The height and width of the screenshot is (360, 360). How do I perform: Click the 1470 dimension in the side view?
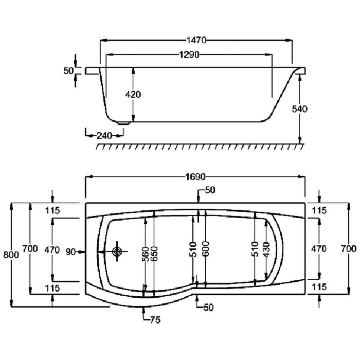tap(196, 40)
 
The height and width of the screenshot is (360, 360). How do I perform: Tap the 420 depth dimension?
tap(133, 94)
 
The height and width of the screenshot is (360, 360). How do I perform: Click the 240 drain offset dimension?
tap(104, 136)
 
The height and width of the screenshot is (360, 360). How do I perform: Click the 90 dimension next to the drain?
tap(70, 251)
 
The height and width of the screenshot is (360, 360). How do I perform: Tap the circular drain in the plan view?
tap(117, 251)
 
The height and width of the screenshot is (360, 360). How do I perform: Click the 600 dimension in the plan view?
tap(205, 249)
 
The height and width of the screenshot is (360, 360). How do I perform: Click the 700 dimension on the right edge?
tap(349, 249)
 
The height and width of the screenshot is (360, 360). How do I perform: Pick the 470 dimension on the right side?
tap(319, 249)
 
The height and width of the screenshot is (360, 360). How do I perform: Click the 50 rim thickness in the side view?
tap(69, 70)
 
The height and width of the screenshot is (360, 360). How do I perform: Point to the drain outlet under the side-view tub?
tap(123, 123)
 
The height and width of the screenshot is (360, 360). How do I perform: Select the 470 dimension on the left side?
tap(52, 249)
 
